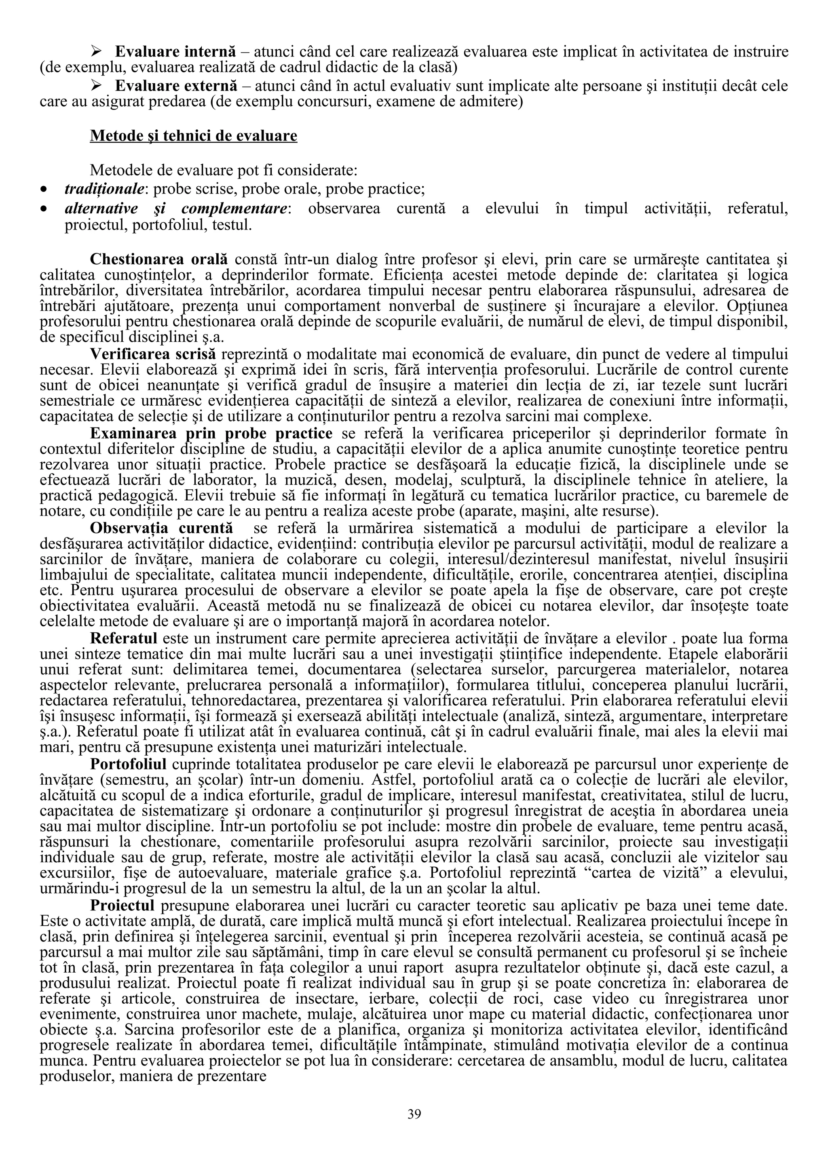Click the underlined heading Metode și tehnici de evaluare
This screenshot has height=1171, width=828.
coord(193,136)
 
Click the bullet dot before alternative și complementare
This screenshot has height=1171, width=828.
coord(45,210)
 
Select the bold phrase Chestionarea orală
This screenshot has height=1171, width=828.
coord(158,259)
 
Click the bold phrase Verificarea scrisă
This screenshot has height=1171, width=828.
coord(153,354)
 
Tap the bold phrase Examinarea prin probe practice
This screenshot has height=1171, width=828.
coord(211,434)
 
